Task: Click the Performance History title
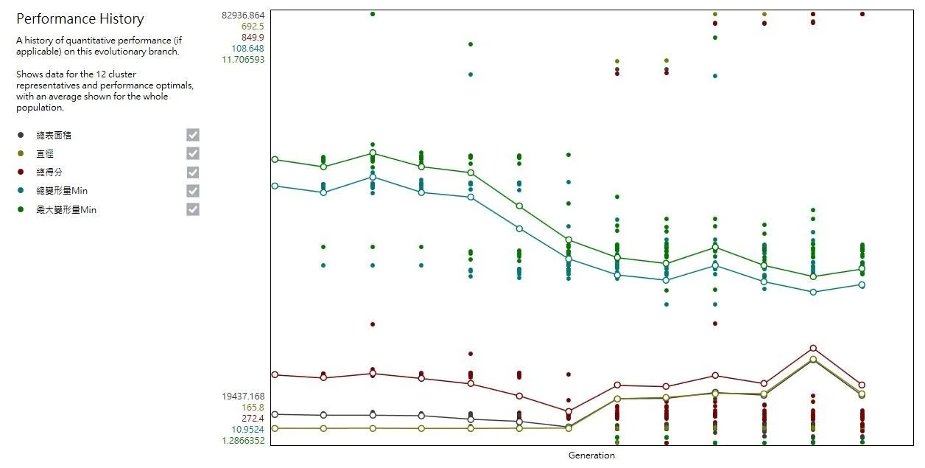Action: click(80, 19)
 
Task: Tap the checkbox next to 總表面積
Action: click(193, 135)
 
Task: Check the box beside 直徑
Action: click(193, 153)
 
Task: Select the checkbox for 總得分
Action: click(193, 172)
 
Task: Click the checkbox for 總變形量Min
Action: click(193, 191)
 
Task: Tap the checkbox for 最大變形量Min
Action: click(193, 209)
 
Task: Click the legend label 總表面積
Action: click(54, 136)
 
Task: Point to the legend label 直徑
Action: click(45, 154)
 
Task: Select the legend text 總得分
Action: click(49, 172)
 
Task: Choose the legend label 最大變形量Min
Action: click(66, 210)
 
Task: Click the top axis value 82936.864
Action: click(243, 15)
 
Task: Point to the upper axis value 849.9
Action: click(252, 37)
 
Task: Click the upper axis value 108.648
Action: click(248, 49)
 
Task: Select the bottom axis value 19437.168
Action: click(243, 396)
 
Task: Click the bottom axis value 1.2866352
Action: click(243, 441)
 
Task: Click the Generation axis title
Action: click(591, 455)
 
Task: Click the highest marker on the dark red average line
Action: click(813, 348)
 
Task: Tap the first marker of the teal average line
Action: click(275, 186)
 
